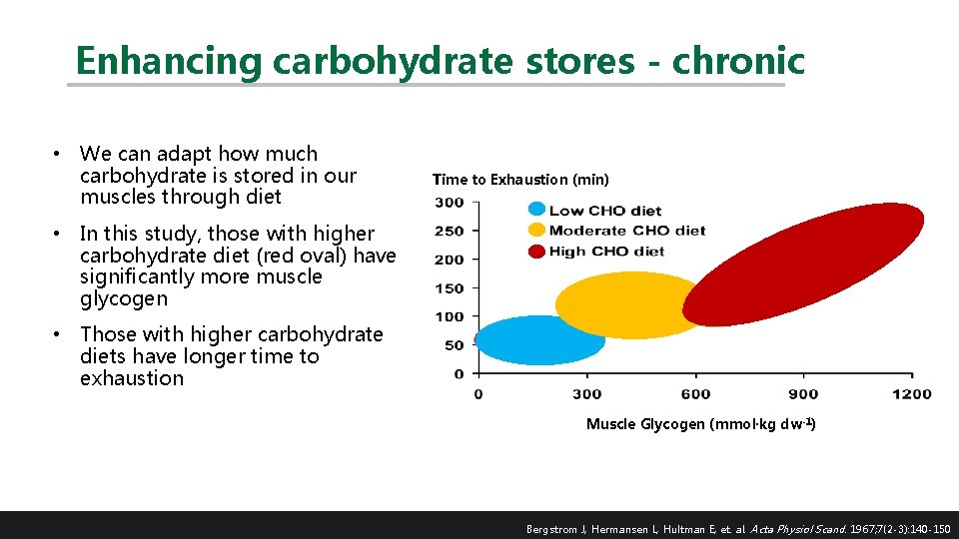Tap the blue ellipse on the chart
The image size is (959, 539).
click(539, 340)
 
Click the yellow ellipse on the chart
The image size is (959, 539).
click(629, 304)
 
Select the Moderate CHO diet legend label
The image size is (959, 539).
click(626, 231)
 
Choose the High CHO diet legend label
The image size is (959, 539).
click(606, 251)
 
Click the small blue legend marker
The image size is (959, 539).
click(536, 210)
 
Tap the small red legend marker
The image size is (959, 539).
click(536, 251)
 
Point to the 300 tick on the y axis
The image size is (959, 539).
click(451, 203)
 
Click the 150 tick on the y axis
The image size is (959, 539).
click(451, 288)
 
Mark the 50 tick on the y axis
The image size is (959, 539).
click(455, 345)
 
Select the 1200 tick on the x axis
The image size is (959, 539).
click(912, 394)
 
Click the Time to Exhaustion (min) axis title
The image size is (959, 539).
click(519, 180)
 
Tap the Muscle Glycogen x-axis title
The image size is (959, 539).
click(700, 424)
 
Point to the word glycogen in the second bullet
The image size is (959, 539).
click(124, 298)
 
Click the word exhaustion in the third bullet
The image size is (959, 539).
click(132, 378)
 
